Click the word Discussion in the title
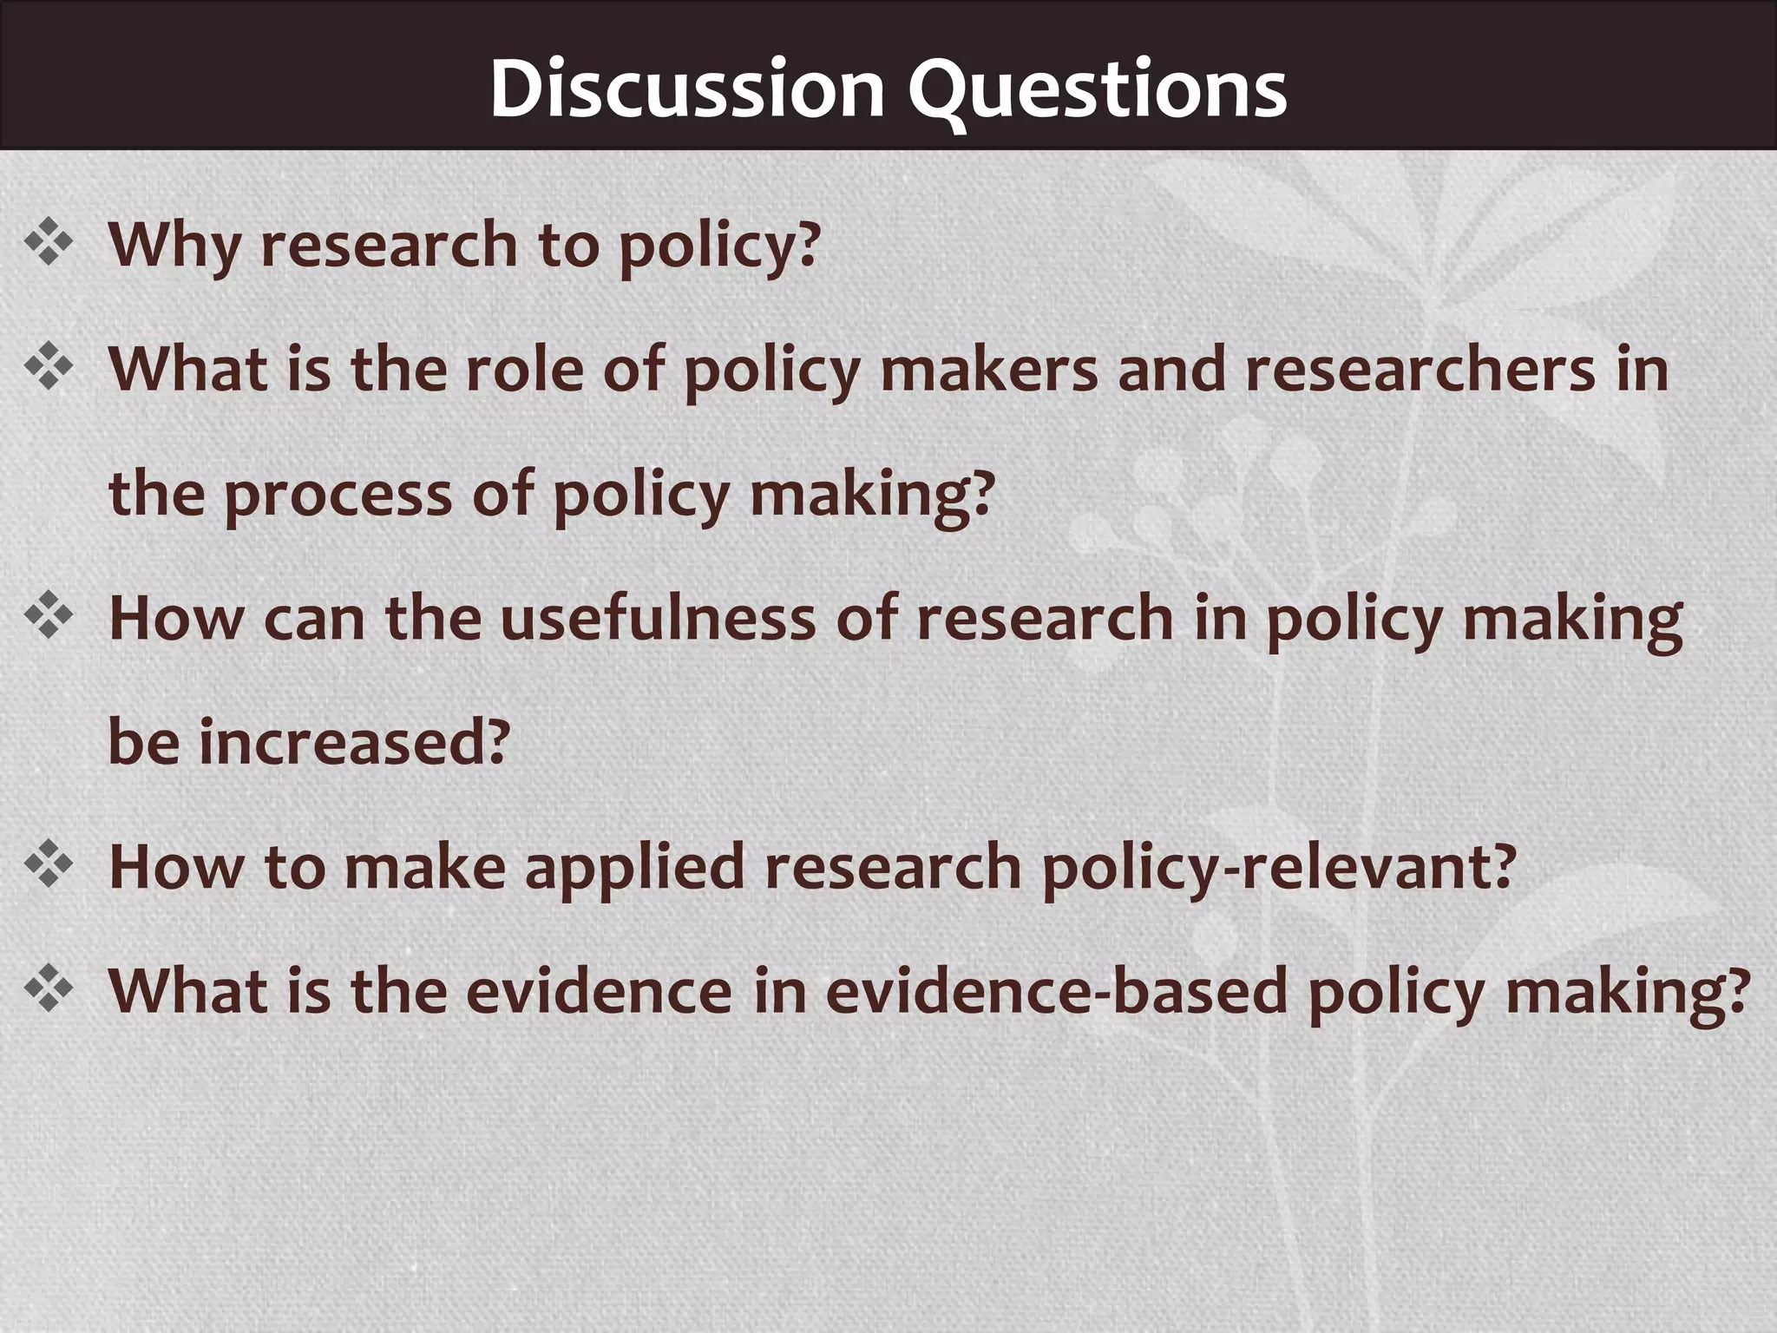coord(686,89)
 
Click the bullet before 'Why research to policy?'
coord(49,244)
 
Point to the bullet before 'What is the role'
coord(49,368)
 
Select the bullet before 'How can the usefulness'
coord(49,617)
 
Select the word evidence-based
coord(1055,991)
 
